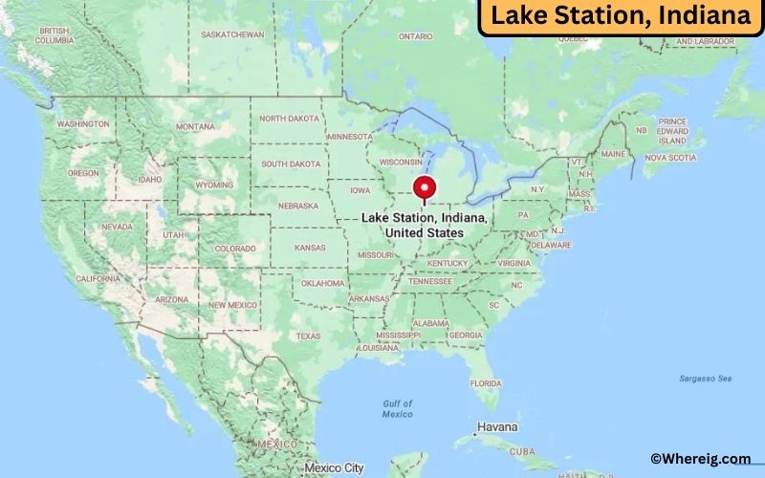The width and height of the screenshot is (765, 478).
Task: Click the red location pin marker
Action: coord(424,187)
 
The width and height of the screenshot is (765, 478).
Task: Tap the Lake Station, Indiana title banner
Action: coord(621,17)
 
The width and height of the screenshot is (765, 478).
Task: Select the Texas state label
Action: coord(308,336)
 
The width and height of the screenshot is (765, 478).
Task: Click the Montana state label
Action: coord(195,126)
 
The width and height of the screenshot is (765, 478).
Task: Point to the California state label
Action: coord(98,278)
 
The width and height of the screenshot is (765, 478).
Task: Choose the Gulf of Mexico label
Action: coord(398,408)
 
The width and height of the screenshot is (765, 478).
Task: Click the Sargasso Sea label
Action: coord(705,379)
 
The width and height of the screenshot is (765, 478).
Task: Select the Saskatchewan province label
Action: coord(232,34)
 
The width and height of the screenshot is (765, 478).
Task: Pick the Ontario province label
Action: coord(416,36)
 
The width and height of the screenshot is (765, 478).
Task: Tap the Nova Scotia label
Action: coord(669,158)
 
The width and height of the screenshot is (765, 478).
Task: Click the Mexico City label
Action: coord(334,467)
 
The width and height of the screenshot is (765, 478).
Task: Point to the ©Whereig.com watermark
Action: coord(700,460)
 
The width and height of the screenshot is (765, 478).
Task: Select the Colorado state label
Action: coord(235,249)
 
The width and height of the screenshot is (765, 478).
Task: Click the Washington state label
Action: coord(83,124)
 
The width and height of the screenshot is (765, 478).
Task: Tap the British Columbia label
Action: coord(54,36)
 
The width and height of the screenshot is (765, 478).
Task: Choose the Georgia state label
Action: coord(466,335)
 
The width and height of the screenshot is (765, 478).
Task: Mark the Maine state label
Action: coord(613,154)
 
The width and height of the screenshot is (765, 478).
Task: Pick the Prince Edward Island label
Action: coord(672,131)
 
